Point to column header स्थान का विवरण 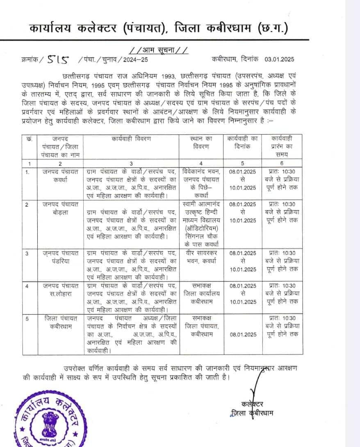click(201, 142)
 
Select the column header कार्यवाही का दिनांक click(242, 142)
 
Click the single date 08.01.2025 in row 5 click(242, 335)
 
